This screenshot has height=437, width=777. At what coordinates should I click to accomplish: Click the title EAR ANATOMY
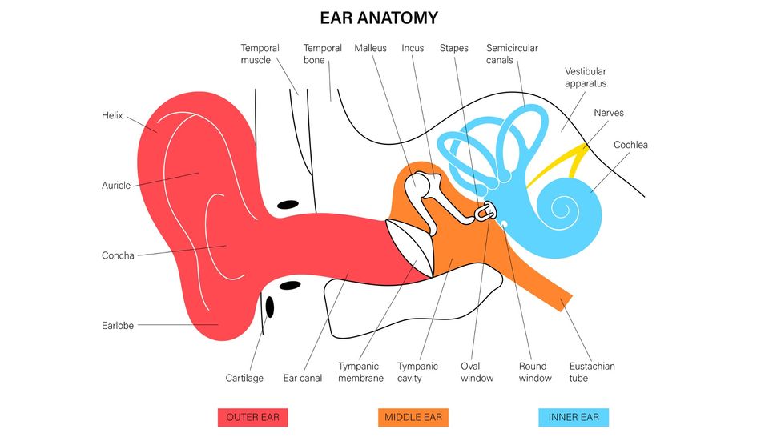[x=379, y=18]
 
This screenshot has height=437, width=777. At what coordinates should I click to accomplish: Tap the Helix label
[x=112, y=115]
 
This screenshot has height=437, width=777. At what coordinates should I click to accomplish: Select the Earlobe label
[x=118, y=326]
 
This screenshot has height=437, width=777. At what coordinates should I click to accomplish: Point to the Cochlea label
[x=630, y=145]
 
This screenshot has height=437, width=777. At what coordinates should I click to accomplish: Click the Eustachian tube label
[x=592, y=372]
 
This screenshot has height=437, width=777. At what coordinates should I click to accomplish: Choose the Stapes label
[x=453, y=48]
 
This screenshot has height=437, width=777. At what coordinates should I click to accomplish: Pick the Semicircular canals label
[x=512, y=54]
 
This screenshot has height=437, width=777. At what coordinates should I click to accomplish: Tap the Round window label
[x=535, y=372]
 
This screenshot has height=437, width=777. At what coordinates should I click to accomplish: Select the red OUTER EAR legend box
[x=252, y=417]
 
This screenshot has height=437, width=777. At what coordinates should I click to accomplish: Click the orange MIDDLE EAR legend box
[x=413, y=417]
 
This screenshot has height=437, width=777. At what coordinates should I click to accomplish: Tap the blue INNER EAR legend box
[x=574, y=417]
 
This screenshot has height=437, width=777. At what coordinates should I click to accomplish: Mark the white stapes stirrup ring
[x=486, y=212]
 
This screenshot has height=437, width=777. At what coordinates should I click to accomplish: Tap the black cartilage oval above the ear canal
[x=288, y=206]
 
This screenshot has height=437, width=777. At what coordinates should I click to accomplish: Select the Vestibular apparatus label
[x=586, y=78]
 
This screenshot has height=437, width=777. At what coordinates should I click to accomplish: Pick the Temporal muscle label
[x=260, y=54]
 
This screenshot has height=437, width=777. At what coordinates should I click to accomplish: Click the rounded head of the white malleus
[x=417, y=186]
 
